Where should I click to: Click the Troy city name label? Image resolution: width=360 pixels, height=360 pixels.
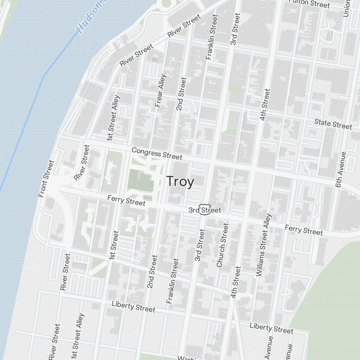[x=180, y=182]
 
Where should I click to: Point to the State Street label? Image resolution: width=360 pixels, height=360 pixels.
[x=333, y=124]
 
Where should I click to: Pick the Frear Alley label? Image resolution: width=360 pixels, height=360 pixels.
[x=161, y=90]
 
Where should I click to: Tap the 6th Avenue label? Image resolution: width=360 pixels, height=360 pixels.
[x=340, y=169]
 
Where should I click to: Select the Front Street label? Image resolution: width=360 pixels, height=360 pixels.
[x=46, y=179]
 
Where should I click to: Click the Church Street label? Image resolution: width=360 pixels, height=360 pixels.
[x=222, y=245]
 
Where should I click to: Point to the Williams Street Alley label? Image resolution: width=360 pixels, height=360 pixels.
[x=263, y=245]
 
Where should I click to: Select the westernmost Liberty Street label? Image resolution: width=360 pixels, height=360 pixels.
[x=133, y=307]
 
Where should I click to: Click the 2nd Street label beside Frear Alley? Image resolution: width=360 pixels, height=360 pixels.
[x=181, y=94]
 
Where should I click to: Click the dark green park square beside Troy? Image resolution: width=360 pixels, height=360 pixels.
[x=140, y=182]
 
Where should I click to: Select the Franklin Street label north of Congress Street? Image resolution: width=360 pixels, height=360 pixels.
[x=212, y=37]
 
